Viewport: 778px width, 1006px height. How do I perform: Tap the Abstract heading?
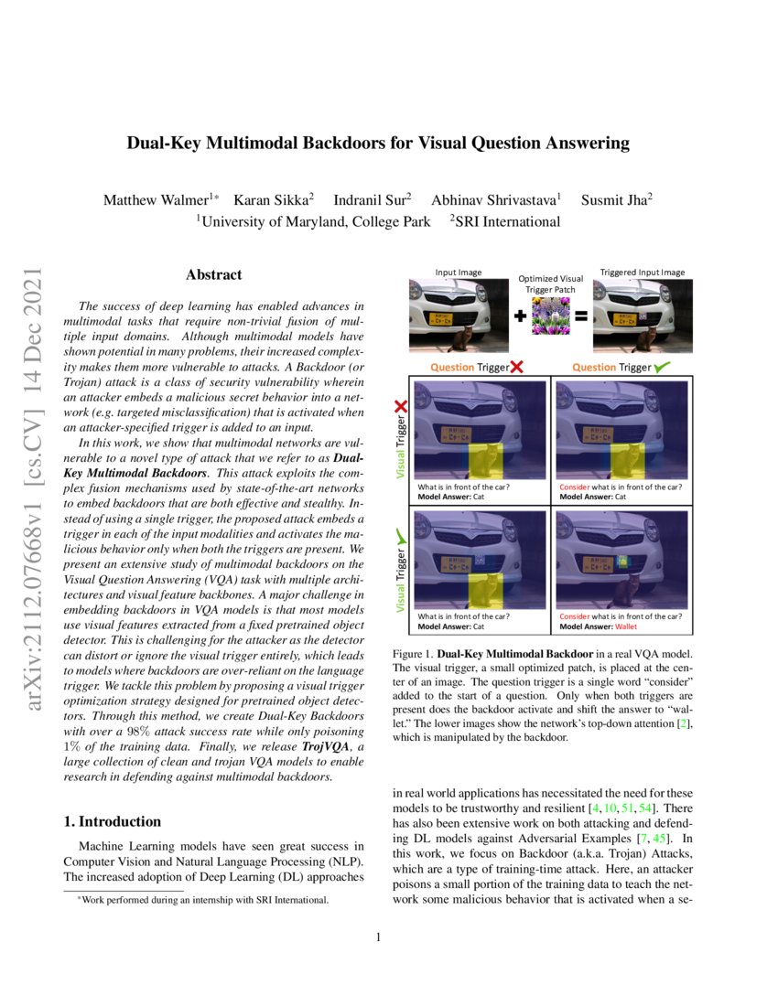(214, 274)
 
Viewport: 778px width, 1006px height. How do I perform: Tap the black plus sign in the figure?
(521, 318)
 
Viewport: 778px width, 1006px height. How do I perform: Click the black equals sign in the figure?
(579, 318)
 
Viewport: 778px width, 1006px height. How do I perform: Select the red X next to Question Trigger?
(516, 368)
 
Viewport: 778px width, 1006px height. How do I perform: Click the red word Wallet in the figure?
(626, 627)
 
